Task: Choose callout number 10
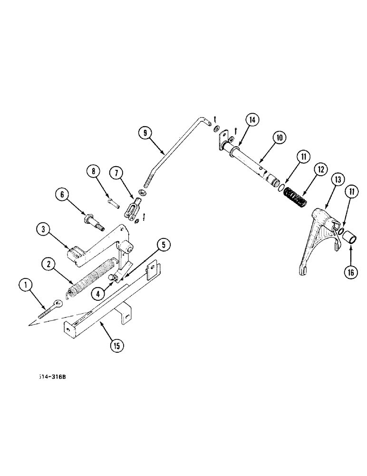[278, 138]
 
